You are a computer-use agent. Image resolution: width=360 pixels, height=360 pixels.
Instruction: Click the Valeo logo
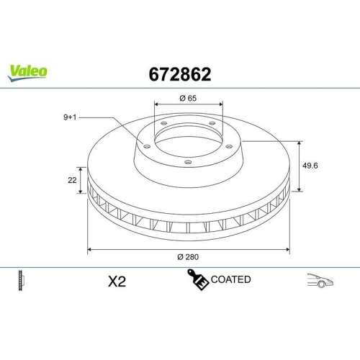28,71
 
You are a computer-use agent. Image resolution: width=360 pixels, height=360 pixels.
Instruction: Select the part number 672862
179,73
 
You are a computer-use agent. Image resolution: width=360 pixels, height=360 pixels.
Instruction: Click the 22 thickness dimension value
73,181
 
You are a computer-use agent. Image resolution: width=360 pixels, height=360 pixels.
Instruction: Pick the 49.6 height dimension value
311,166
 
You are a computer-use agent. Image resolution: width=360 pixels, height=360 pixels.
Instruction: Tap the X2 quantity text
117,282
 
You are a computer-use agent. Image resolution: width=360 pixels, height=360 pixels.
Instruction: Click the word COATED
230,279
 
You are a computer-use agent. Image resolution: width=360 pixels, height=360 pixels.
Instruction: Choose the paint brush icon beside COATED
198,280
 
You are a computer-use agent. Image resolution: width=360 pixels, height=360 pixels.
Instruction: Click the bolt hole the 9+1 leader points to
147,147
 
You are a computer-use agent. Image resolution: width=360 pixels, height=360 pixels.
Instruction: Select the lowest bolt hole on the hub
188,162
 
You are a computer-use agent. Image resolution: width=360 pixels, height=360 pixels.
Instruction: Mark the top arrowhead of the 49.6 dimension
299,143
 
